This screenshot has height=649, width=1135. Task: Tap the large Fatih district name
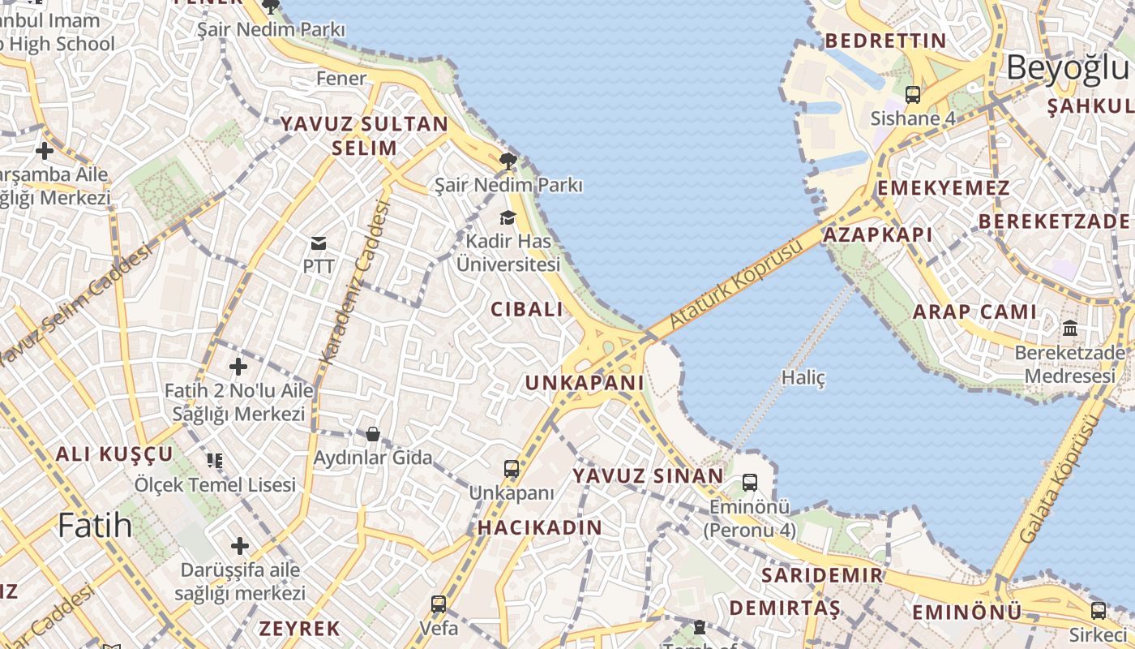pos(95,525)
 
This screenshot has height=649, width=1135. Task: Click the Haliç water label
pos(803,377)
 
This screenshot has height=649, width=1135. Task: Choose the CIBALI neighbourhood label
pos(527,309)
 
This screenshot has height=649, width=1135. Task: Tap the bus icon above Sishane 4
pos(913,95)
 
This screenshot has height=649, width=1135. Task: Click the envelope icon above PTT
pos(319,243)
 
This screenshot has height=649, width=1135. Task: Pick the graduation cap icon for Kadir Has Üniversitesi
pos(508,217)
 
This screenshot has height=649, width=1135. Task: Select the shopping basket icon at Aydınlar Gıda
pos(373,434)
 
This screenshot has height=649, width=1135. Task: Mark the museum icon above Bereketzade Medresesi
pos(1070,329)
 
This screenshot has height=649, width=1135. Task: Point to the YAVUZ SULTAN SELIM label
pos(364,135)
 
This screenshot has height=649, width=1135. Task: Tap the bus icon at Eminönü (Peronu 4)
pos(750,483)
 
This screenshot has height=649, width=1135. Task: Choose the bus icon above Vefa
pos(439,604)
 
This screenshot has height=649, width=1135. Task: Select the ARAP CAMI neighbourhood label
pos(974,312)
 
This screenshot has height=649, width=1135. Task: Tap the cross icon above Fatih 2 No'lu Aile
pos(238,367)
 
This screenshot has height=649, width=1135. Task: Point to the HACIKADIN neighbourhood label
pos(540,528)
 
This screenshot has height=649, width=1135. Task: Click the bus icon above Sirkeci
pos(1099,611)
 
